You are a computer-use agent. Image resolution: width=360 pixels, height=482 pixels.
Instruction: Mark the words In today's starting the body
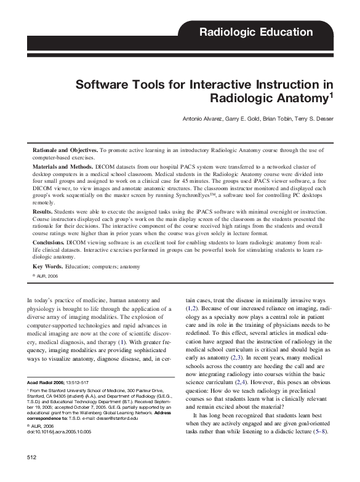pos(39,300)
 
